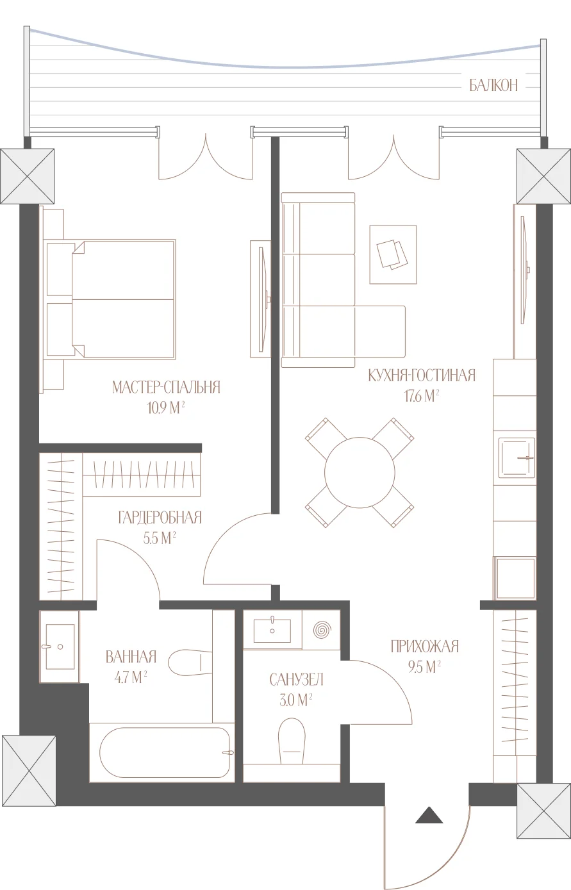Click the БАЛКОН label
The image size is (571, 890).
493,85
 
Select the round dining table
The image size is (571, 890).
360,472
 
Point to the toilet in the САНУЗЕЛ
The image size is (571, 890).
292,741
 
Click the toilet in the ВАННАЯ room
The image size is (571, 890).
190,662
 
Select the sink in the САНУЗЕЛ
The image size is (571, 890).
272,630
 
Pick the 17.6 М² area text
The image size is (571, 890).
422,396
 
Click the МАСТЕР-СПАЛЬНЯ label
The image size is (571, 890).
166,387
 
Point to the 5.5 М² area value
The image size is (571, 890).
160,538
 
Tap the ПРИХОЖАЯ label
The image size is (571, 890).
425,647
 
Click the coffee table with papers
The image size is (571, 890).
393,254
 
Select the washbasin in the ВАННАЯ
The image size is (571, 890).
60,647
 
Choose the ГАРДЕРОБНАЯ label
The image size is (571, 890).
160,518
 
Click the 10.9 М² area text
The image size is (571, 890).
166,408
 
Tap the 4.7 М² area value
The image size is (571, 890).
131,677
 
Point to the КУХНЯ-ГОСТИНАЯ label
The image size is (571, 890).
422,375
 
